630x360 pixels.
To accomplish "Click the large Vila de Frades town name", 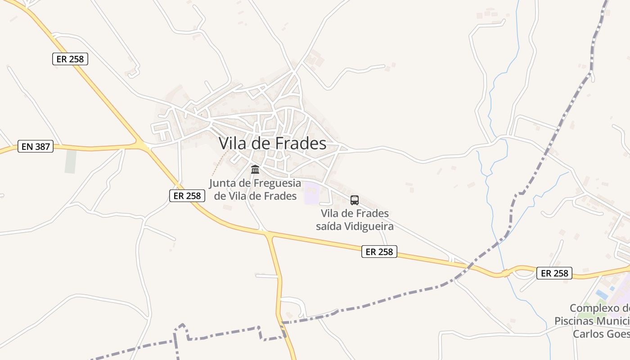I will [x=272, y=143].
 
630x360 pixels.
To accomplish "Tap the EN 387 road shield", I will [x=36, y=146].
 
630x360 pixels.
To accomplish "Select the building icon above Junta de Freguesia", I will [x=255, y=170].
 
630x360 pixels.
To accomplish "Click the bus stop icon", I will [x=355, y=200].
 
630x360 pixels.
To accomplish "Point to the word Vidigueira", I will [x=369, y=226].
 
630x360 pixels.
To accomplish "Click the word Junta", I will [x=225, y=183].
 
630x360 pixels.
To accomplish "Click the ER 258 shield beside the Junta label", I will [x=187, y=195].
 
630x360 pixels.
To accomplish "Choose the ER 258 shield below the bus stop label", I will [x=379, y=252].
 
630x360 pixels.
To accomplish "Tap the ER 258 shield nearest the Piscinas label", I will [x=554, y=273].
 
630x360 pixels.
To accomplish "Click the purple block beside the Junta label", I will [x=311, y=193].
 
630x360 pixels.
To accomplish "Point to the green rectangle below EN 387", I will [x=70, y=162].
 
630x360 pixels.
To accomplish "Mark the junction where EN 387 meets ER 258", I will [x=142, y=146].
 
